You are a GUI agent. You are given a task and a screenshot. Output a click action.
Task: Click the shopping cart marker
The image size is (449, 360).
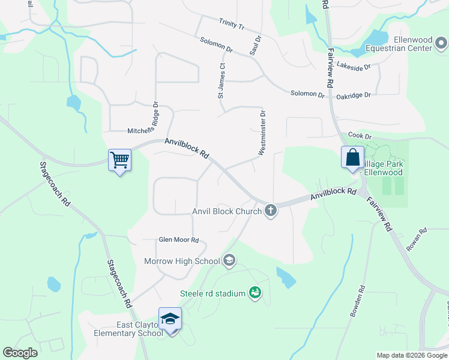coord(119,160)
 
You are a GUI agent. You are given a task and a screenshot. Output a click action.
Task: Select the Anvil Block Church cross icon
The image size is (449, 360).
coord(271,211)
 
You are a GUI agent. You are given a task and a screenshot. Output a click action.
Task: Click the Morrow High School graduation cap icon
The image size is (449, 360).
coord(229,260)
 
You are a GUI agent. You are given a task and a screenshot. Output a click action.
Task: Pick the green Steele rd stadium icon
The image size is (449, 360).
coord(255,293)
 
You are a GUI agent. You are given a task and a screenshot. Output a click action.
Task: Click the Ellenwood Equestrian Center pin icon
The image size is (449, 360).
coord(441,43)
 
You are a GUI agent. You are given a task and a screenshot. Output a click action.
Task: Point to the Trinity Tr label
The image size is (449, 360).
coord(232,23)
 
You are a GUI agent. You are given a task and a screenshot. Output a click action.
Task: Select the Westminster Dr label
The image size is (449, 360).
coord(262,133)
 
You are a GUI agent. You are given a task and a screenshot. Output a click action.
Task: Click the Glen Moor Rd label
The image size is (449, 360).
coord(178,239)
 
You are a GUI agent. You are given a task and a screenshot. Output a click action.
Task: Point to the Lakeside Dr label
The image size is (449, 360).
coord(354,65)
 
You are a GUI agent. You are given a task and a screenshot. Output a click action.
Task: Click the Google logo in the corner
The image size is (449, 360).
coord(20,353)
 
